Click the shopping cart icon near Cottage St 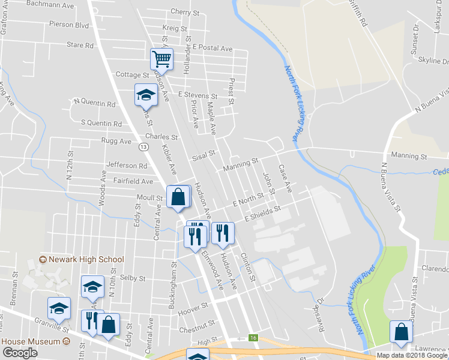(x=161, y=59)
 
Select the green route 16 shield (x=255, y=338)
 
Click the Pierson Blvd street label (x=70, y=26)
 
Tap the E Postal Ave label (x=212, y=48)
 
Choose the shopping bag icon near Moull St (x=178, y=196)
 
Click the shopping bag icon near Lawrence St (x=401, y=332)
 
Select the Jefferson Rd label (x=126, y=165)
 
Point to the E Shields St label (x=263, y=214)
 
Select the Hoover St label (x=192, y=305)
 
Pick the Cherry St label (x=185, y=11)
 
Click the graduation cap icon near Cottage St (x=145, y=95)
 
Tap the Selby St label (x=133, y=278)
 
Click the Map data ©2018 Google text (x=411, y=355)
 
